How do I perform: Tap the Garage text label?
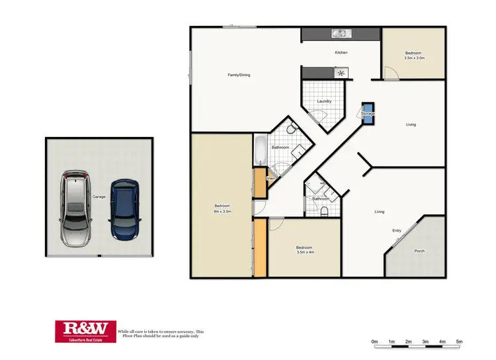pos(99,197)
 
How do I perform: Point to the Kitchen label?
pos(341,52)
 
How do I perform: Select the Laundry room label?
pos(323,101)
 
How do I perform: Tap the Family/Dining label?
pos(239,75)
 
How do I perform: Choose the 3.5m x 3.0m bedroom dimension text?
pos(414,58)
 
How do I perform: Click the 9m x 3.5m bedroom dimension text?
pos(222,211)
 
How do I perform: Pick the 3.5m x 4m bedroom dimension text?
pos(308,252)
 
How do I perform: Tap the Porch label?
pos(419,251)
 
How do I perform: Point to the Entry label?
pos(397,230)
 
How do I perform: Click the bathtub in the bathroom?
pos(259,151)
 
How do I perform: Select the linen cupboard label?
pos(270,179)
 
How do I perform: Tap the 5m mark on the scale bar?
pos(459,341)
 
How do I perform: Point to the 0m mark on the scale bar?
pos(375,341)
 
